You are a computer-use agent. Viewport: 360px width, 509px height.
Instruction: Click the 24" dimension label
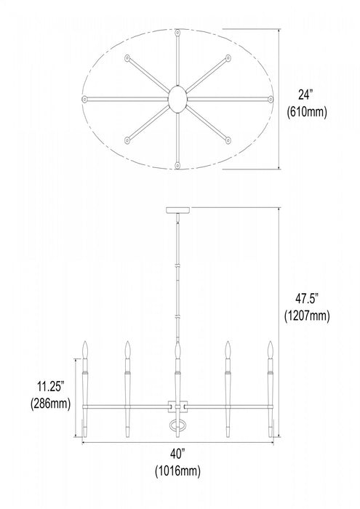[x=305, y=95]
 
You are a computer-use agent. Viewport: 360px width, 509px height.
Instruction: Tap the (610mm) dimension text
[x=307, y=112]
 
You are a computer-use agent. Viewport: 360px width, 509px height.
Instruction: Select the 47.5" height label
[x=307, y=298]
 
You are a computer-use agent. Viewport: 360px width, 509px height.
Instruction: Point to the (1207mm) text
[x=307, y=316]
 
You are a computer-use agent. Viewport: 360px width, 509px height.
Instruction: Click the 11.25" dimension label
[x=51, y=387]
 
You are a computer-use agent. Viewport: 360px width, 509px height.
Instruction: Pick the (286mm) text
[x=51, y=404]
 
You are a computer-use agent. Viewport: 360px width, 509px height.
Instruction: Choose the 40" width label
[x=177, y=454]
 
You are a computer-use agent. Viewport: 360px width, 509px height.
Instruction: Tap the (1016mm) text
[x=177, y=470]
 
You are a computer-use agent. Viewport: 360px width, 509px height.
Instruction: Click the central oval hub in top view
[x=177, y=99]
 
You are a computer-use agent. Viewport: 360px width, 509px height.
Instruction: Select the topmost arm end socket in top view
[x=177, y=33]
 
